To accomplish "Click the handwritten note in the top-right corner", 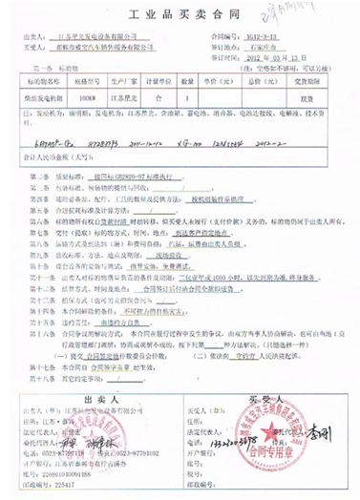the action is click(x=319, y=12).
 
